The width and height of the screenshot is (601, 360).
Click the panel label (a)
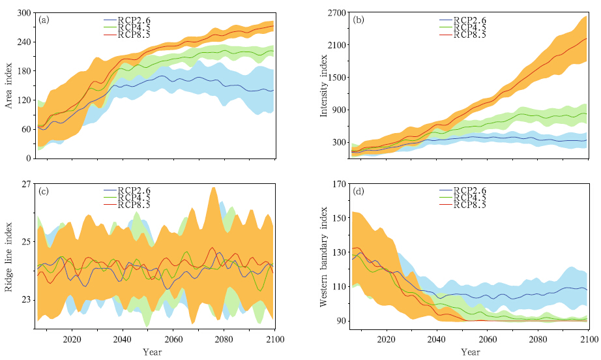(44, 20)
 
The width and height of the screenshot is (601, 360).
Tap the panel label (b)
(358, 20)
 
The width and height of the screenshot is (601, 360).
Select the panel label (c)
(44, 191)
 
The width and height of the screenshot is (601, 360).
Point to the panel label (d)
(358, 191)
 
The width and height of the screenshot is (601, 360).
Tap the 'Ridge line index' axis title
(10, 258)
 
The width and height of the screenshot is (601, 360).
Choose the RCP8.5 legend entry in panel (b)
(462, 35)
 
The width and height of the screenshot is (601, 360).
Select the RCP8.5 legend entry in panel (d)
(462, 205)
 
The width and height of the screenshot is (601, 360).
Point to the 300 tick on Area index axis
(23, 13)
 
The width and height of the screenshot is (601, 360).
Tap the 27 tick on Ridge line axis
(26, 184)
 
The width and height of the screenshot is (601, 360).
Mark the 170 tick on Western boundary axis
(337, 184)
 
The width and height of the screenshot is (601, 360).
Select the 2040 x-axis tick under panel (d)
(437, 340)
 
